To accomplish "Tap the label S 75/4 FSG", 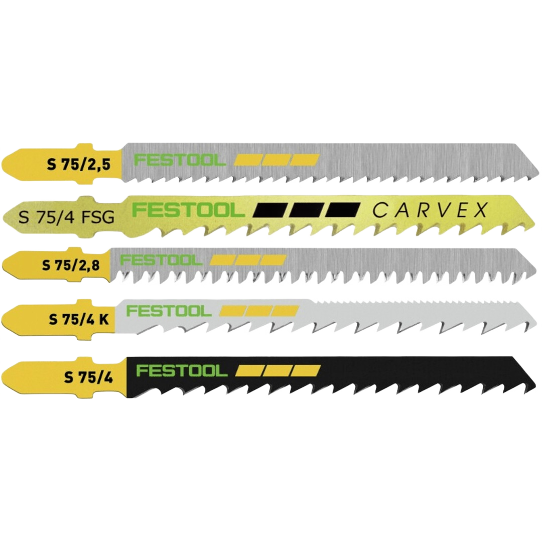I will point(66,217).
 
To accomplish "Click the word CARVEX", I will point(430,210).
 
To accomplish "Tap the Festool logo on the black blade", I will point(182,371).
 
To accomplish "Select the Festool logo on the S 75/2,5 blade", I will point(180,161).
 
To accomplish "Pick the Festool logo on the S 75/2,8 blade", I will point(161,260).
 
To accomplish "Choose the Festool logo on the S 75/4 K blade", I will point(169,311).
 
